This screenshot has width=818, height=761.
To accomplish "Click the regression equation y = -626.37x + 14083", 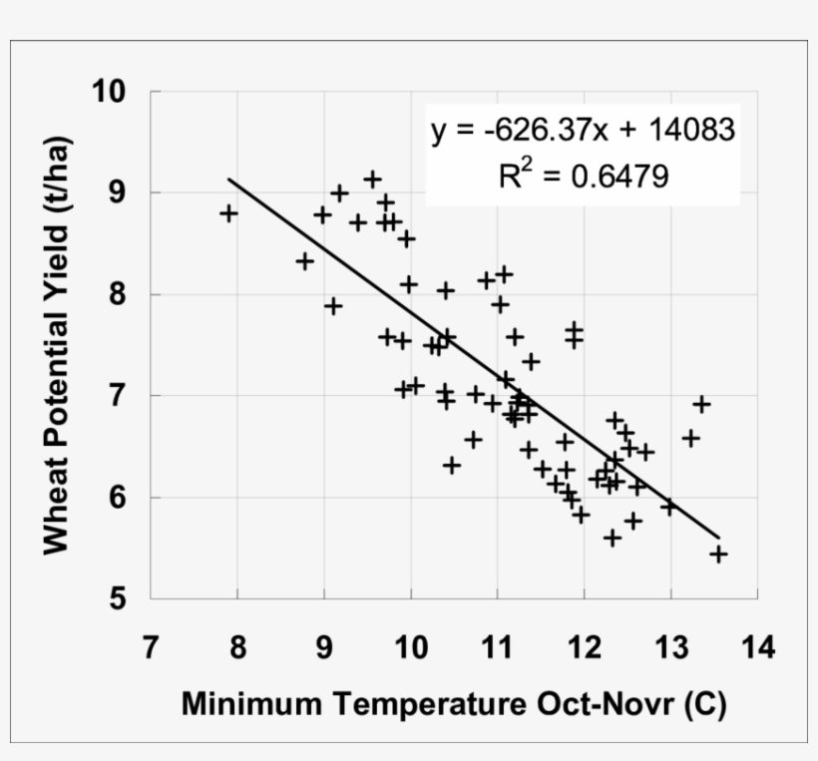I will (584, 131).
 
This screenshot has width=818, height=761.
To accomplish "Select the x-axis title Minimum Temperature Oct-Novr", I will (454, 704).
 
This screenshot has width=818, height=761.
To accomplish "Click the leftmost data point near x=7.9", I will (228, 212).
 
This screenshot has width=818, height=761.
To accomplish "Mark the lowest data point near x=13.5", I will (718, 554).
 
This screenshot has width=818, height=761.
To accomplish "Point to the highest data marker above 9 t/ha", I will (372, 180).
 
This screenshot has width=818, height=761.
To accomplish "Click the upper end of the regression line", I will (229, 180).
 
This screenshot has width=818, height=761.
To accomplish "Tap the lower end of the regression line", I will (718, 538).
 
